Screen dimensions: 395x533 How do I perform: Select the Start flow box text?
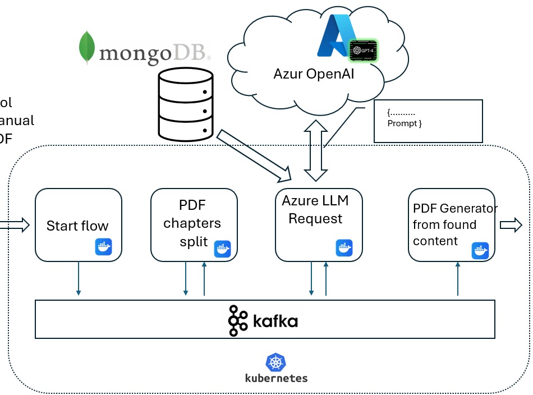pos(77,226)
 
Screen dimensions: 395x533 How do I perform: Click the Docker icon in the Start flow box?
pos(104,247)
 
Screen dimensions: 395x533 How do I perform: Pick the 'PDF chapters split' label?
pos(192,223)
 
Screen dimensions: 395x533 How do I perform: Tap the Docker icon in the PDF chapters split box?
pos(222,248)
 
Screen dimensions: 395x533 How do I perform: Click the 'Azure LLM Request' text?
pos(315,210)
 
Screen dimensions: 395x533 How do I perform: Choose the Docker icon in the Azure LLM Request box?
pos(344,247)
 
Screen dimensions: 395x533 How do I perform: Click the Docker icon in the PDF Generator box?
pos(480,250)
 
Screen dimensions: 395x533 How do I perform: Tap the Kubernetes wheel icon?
pos(276,362)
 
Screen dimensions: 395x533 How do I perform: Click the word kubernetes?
pos(277,378)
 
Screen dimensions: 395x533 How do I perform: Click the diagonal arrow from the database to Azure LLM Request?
pos(255,156)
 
